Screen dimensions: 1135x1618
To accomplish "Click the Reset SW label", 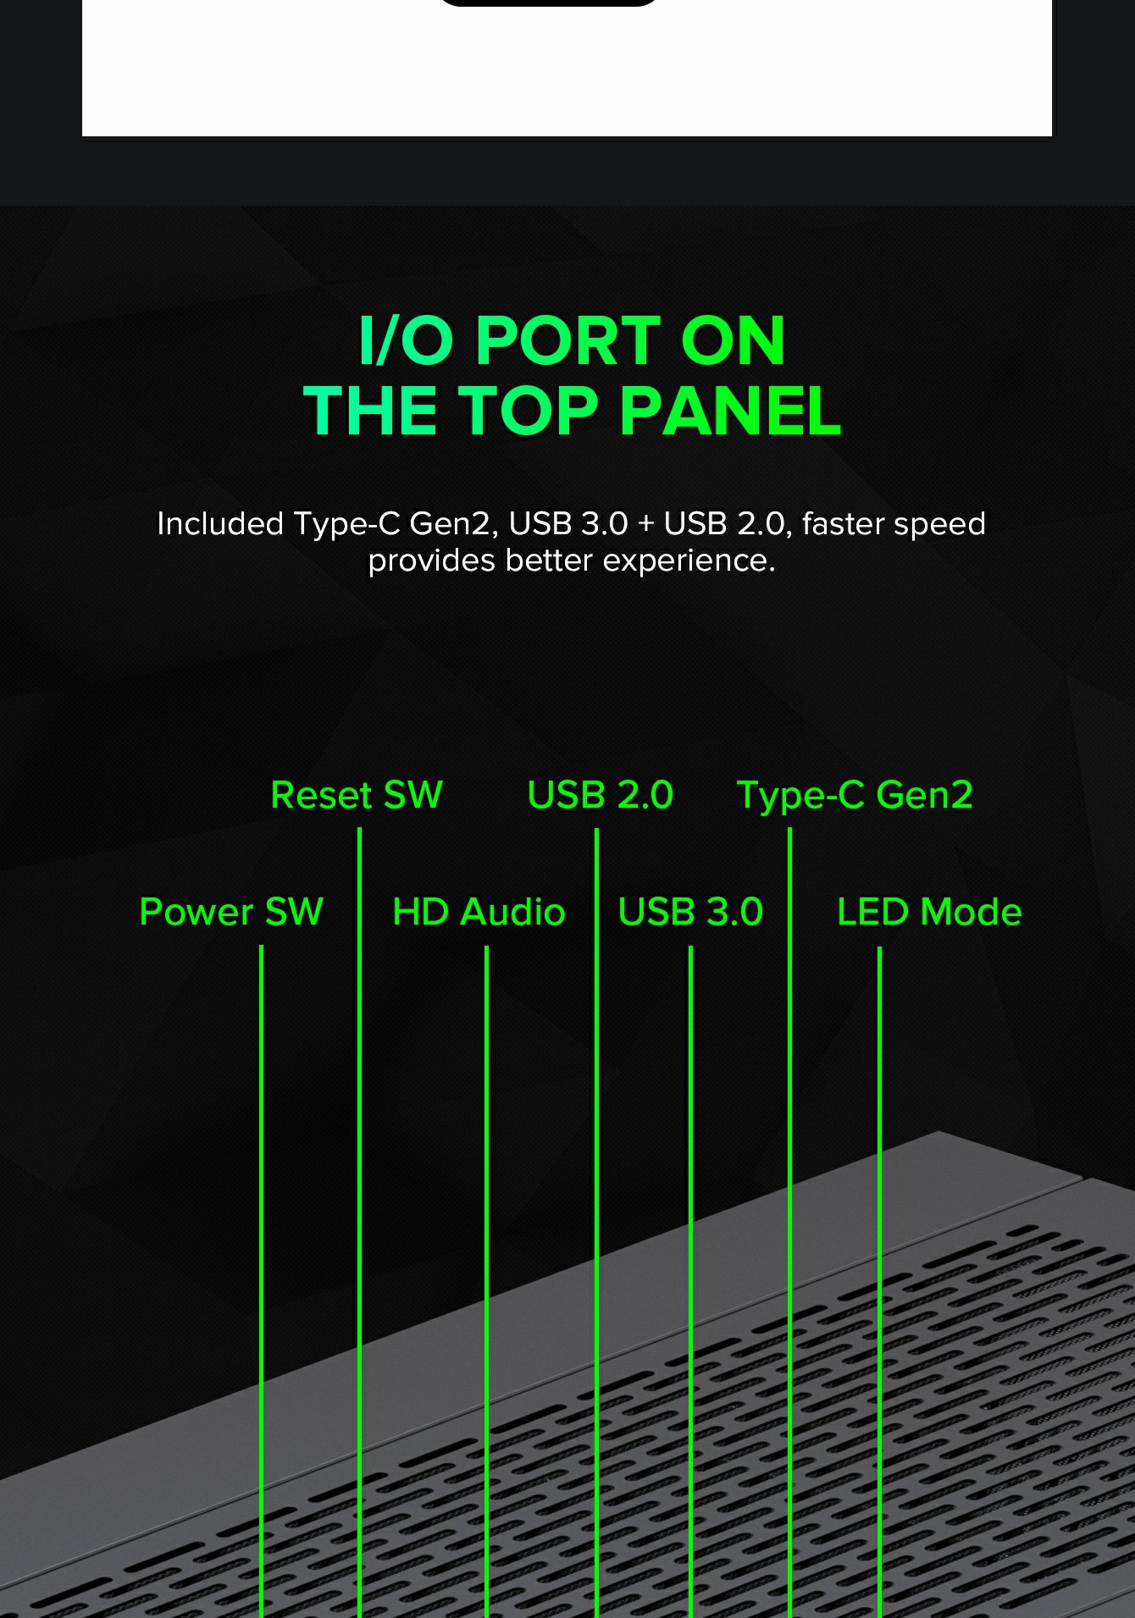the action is pos(357,795).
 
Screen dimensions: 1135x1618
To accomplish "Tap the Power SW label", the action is pos(231,912).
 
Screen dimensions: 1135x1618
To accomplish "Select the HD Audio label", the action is pos(479,912).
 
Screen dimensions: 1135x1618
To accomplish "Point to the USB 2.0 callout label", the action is pos(601,795).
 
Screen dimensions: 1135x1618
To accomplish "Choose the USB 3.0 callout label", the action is pos(690,912).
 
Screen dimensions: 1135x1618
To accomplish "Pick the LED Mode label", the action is pos(929,912).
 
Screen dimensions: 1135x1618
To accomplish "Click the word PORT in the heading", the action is pos(567,340).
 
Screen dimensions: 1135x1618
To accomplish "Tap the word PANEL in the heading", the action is pos(730,411).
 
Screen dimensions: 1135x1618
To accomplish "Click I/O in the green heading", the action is pos(406,340).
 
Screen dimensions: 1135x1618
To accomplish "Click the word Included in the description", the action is pos(220,523).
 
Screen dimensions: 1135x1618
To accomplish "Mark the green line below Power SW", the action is pos(261,1281).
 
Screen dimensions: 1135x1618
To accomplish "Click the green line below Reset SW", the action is pos(359,1223).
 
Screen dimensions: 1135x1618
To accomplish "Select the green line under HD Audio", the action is pos(486,1281).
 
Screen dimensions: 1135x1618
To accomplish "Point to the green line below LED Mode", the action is pos(879,1281).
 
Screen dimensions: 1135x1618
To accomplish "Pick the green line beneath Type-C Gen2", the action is pos(789,1223).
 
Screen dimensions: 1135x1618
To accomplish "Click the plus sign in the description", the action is pos(646,525).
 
